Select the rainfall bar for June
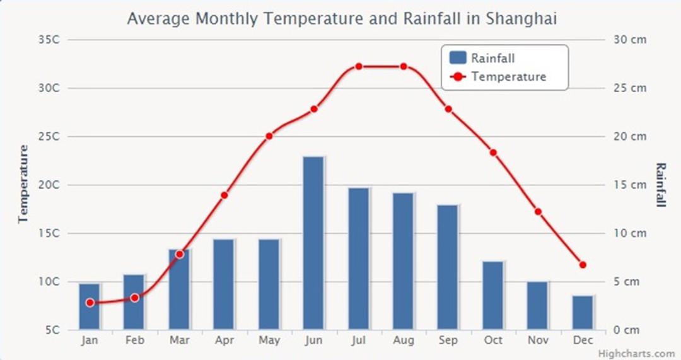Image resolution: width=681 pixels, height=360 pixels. pos(313,243)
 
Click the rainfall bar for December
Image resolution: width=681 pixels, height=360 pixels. pos(583,313)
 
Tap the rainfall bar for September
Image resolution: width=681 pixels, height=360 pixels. pos(448,267)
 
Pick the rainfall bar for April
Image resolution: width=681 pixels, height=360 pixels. pos(224,284)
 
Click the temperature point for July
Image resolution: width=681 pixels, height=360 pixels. pos(359,66)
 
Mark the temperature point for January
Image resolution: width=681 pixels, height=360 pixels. pos(90,303)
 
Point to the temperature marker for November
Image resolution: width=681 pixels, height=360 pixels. pos(538,212)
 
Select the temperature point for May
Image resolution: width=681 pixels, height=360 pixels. pos(269,136)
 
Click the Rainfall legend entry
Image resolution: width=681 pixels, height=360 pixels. pos(482,58)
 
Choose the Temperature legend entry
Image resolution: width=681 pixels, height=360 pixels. pos(498,77)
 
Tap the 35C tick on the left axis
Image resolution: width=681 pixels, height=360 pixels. pos(49,40)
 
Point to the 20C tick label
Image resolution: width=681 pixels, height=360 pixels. pos(49,185)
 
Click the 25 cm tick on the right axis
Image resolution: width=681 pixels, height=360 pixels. pos(630,88)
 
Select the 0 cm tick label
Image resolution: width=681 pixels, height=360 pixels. pos(627,330)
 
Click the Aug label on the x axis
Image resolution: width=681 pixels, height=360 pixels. pos(404,340)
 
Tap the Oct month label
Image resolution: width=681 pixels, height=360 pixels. pos(493,340)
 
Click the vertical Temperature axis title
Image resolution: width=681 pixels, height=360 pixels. pos(23,184)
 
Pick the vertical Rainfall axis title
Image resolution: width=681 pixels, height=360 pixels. pos(660,185)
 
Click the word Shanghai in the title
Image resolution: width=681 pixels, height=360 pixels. pos(521,19)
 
